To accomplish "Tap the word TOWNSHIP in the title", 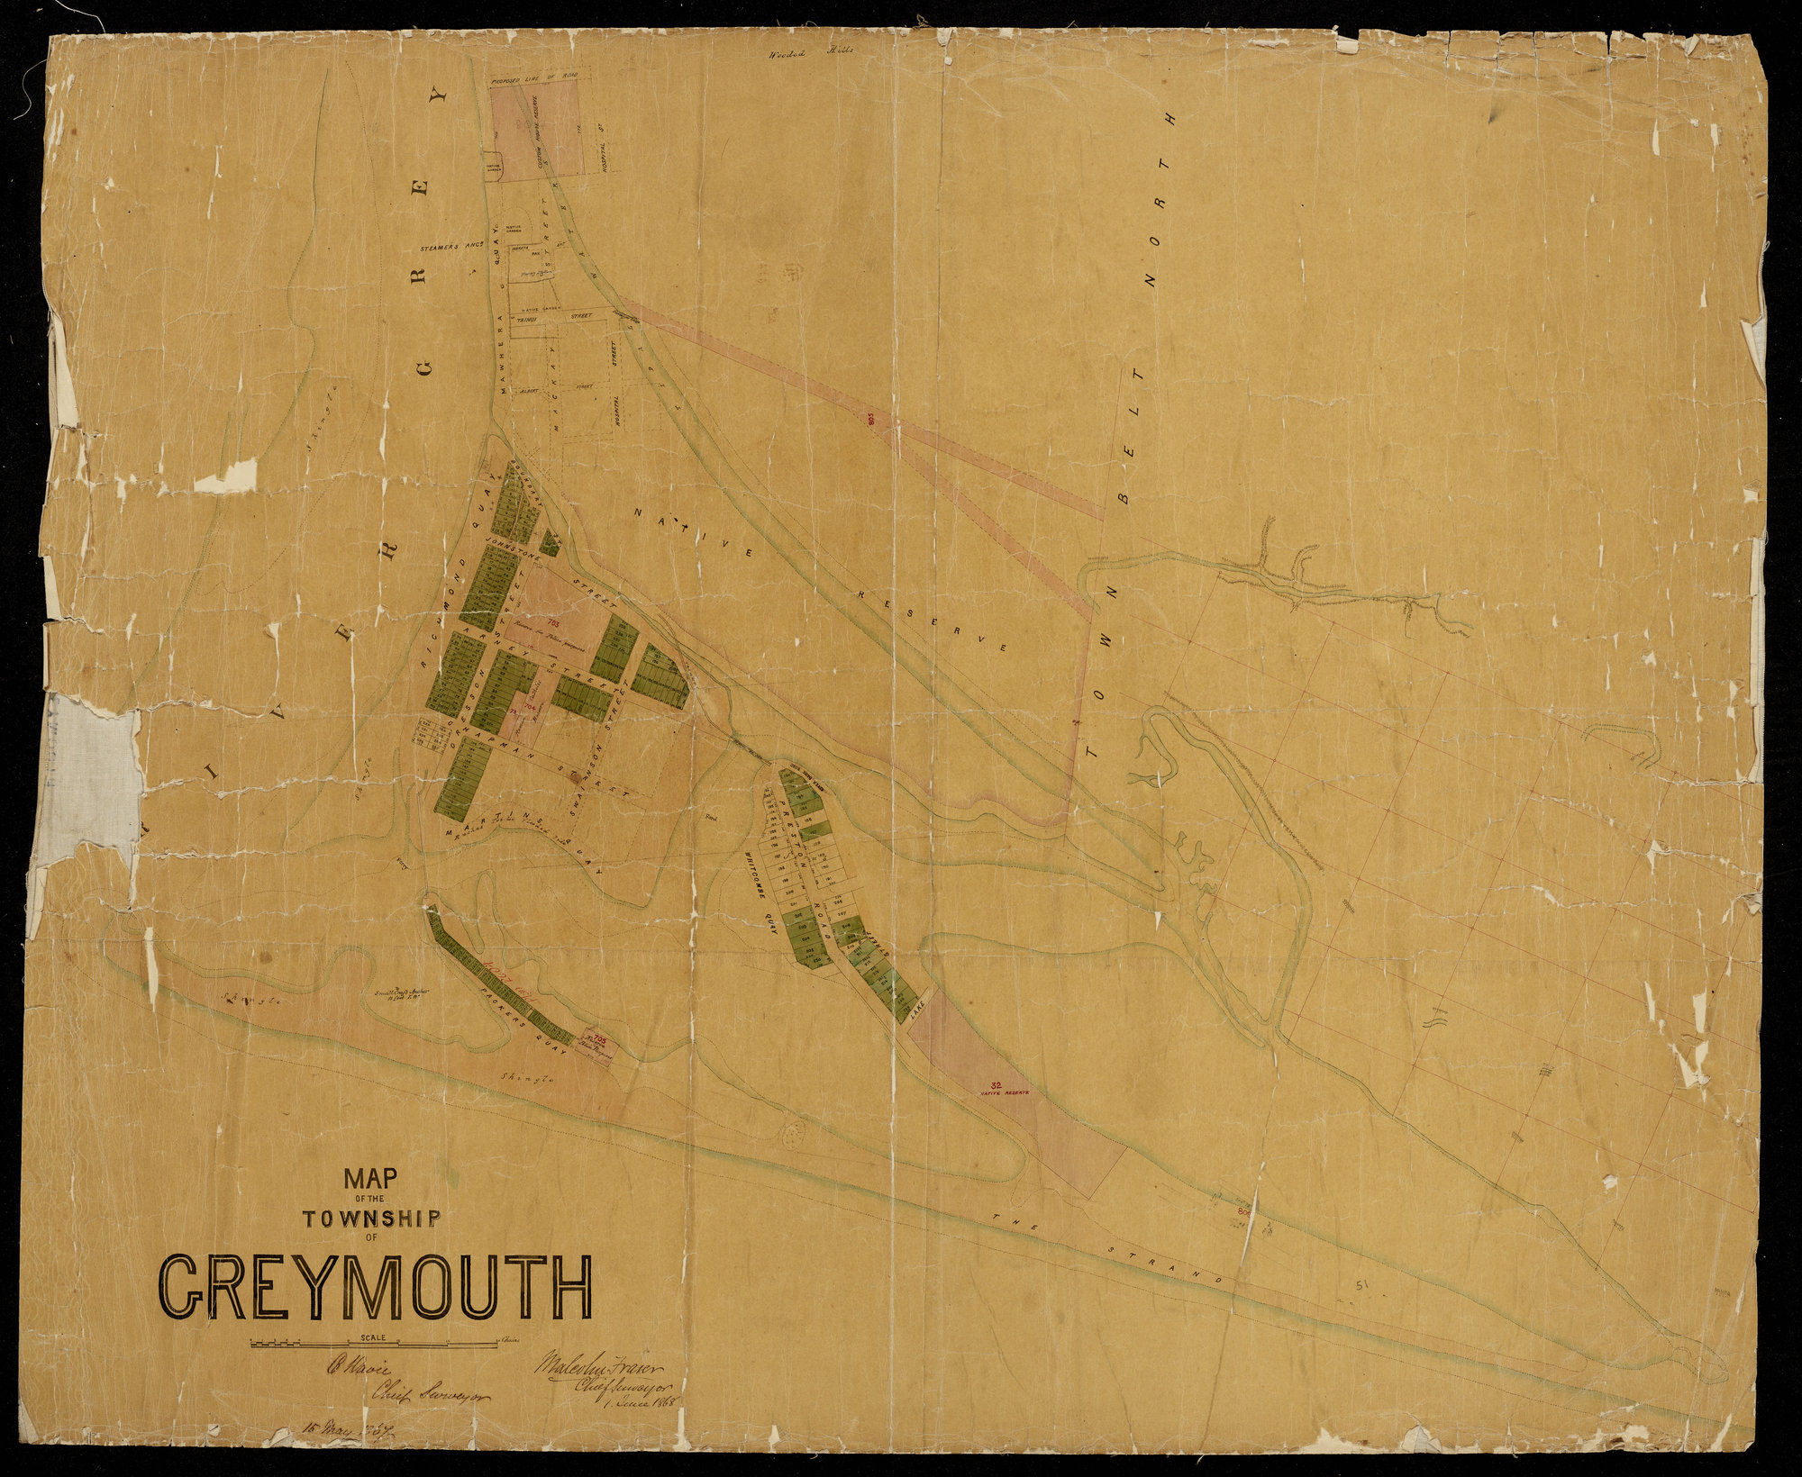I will (372, 1219).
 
